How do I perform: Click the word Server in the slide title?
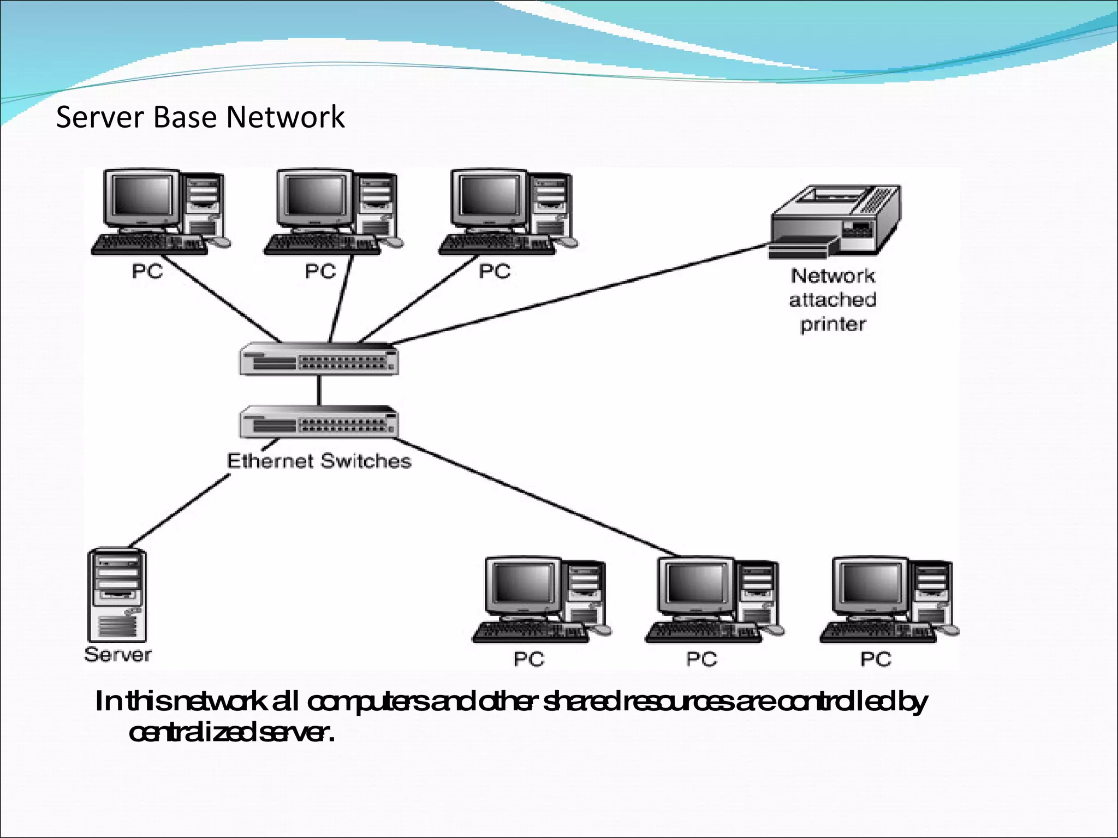point(101,117)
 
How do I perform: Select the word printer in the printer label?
point(832,325)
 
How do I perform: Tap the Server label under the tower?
point(118,654)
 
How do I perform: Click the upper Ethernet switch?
point(319,359)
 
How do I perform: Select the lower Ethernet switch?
point(319,422)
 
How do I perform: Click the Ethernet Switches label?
point(319,461)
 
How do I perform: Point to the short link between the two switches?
point(319,390)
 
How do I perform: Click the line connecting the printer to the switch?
point(579,295)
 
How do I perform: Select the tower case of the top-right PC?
point(551,207)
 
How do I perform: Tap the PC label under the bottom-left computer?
point(528,660)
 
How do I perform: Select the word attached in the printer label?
point(832,300)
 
